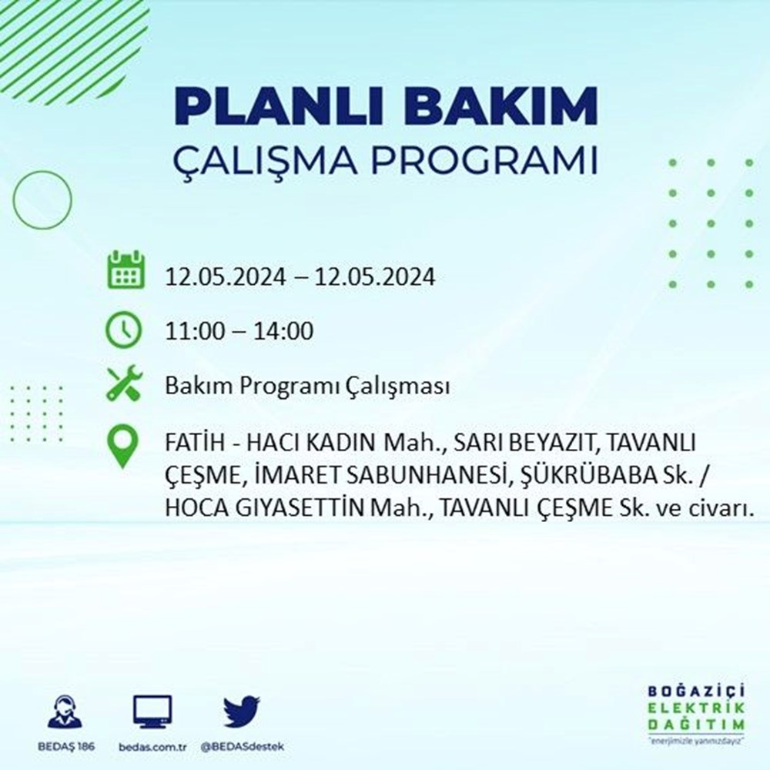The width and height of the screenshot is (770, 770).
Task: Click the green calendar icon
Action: pyautogui.click(x=125, y=269)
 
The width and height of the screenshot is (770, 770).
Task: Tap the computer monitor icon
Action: pyautogui.click(x=152, y=712)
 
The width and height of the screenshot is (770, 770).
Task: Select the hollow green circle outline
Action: pyautogui.click(x=42, y=200)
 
